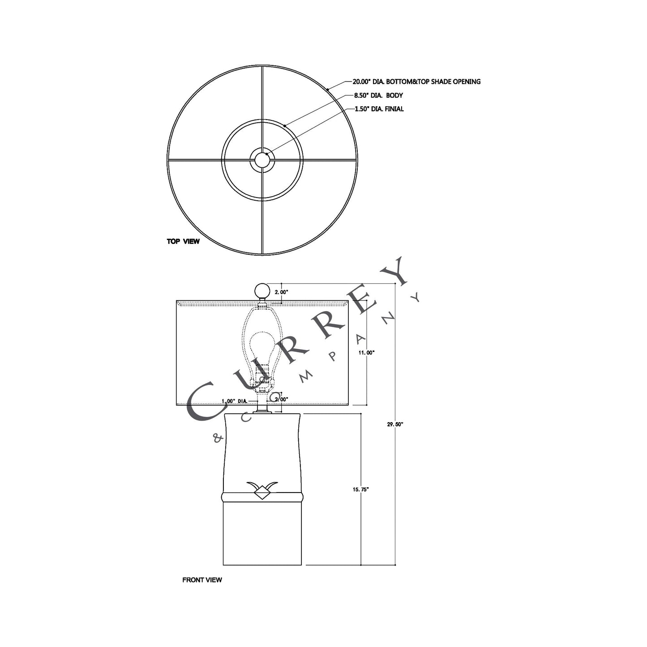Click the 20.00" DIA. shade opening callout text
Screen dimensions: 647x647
[416, 81]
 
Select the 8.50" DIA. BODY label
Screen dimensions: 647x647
[378, 95]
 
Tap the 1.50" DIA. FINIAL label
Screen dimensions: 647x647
[379, 109]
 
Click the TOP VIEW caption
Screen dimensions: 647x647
[183, 241]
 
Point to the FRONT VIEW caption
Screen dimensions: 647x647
[202, 580]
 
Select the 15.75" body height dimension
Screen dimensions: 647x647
[360, 490]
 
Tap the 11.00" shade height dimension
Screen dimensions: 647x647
[366, 352]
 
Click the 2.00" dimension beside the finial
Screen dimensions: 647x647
[281, 292]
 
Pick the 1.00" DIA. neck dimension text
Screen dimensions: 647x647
[235, 402]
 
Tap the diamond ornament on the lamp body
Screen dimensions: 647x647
[262, 493]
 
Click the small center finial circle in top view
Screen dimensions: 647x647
[262, 159]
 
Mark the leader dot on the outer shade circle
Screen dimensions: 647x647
[327, 90]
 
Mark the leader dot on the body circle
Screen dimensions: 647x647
[285, 126]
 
